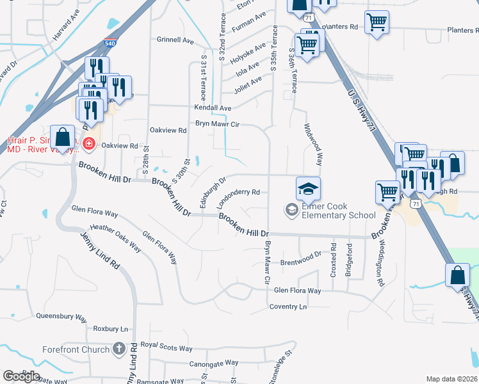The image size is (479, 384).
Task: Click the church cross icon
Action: pos(118,349)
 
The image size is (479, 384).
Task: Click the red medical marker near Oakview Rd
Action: pos(88,144)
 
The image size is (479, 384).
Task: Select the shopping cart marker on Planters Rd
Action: pos(377,22)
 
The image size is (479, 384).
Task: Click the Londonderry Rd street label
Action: pos(238,198)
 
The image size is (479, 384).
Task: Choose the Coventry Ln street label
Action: pos(288,307)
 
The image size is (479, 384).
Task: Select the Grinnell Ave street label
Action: pos(175,40)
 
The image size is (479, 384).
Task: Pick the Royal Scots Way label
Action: pos(166,349)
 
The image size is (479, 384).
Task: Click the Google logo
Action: pos(21,376)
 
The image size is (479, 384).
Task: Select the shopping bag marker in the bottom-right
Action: pos(458,275)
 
